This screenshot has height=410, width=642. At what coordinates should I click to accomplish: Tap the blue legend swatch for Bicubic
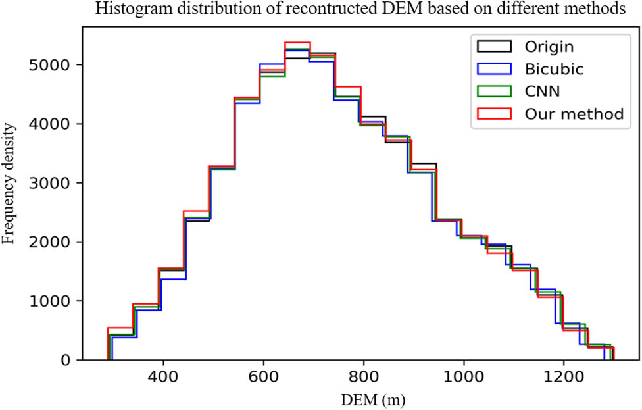click(x=492, y=69)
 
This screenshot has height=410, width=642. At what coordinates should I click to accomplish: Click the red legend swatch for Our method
click(x=492, y=114)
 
